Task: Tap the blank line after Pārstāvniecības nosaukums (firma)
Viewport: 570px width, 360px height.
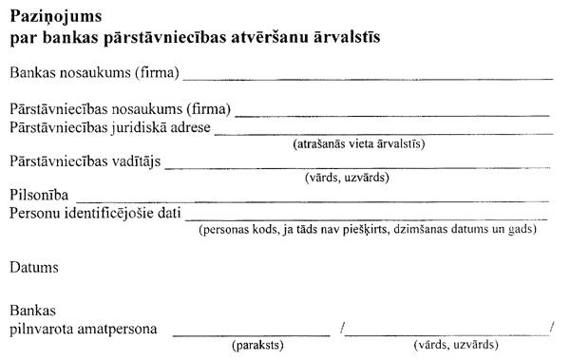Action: (392, 113)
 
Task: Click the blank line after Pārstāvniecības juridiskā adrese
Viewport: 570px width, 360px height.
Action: (383, 132)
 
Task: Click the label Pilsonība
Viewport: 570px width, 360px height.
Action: (37, 195)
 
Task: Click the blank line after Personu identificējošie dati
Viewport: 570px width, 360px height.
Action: (367, 218)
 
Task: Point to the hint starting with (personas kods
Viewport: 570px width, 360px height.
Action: (371, 231)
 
